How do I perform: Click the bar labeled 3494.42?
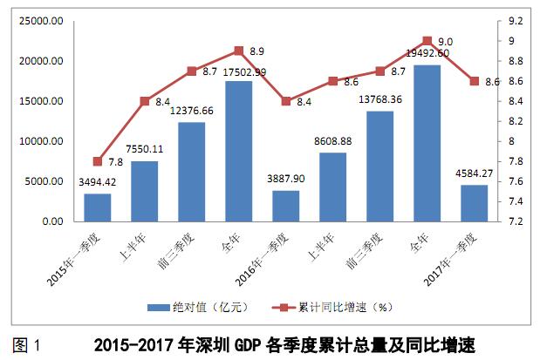[97, 207]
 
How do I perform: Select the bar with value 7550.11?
[144, 192]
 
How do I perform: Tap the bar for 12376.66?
[191, 172]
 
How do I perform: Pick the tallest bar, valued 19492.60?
[427, 144]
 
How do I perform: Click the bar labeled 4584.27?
[474, 203]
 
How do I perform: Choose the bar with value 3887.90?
[285, 206]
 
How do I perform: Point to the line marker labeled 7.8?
[97, 161]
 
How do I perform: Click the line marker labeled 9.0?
[427, 41]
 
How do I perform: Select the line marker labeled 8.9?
[238, 51]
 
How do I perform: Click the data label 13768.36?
[380, 99]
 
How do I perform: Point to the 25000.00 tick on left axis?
[39, 21]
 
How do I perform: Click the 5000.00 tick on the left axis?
[43, 181]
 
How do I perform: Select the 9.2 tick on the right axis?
[515, 21]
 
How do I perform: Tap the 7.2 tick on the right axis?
[515, 221]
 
